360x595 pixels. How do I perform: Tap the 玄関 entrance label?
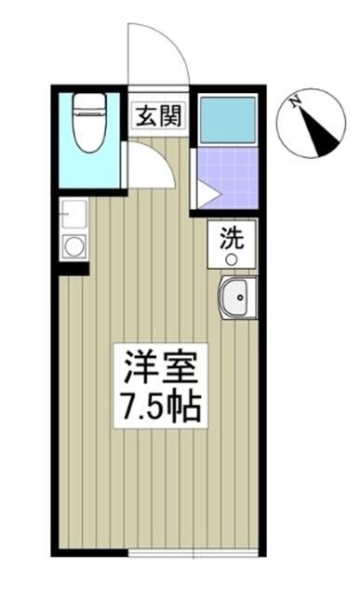coord(159,117)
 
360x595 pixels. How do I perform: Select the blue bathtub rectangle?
coord(228,118)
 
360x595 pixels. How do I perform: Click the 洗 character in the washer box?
coord(229,238)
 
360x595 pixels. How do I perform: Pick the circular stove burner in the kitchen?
coord(73,247)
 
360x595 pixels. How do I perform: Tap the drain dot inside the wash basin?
coord(241,299)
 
